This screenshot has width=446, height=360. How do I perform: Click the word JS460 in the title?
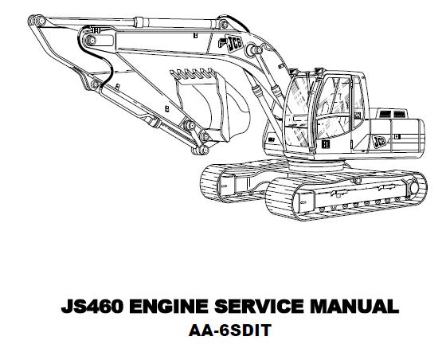click(x=92, y=306)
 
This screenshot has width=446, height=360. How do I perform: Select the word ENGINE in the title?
click(x=168, y=306)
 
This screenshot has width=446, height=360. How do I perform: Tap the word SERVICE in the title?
click(x=259, y=306)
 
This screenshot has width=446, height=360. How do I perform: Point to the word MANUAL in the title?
click(x=354, y=306)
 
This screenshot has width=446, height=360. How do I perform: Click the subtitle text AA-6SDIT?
click(x=230, y=331)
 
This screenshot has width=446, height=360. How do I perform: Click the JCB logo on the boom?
click(x=234, y=44)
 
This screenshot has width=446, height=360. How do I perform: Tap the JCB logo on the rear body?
click(x=379, y=141)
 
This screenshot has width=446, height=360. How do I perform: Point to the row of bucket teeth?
click(x=193, y=73)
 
